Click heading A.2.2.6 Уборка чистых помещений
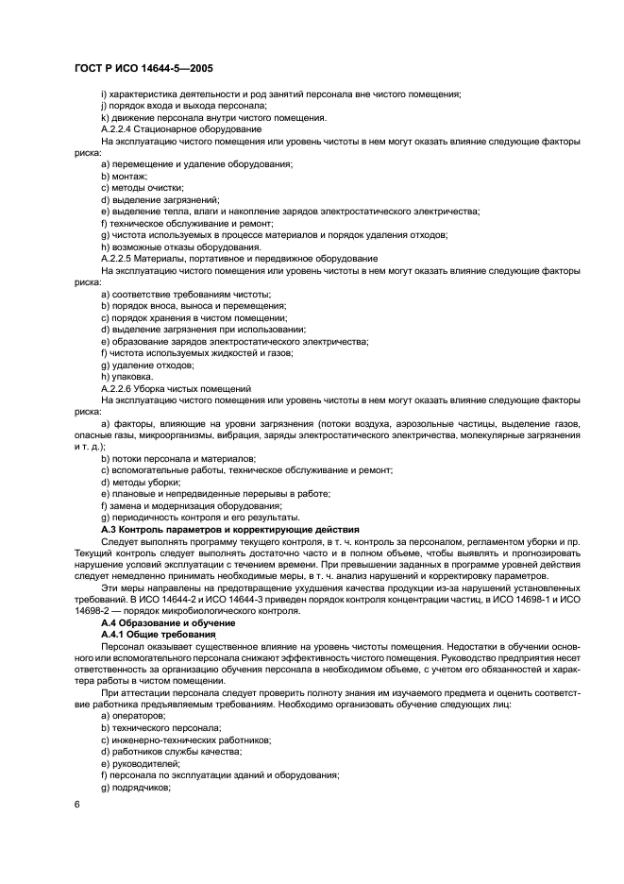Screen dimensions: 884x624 (x=176, y=388)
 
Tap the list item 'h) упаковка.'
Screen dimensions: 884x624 (x=126, y=376)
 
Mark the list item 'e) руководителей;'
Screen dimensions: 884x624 (x=143, y=763)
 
